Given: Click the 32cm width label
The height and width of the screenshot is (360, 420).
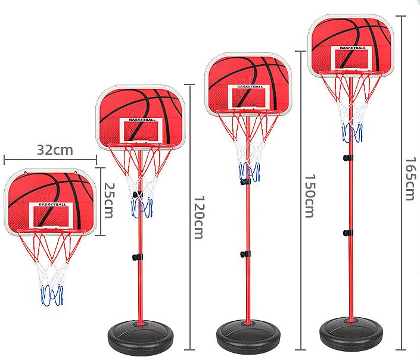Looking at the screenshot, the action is tap(55, 150).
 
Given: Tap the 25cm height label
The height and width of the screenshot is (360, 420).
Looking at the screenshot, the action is tap(109, 201).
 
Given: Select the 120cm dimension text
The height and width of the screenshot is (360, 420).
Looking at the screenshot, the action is tap(200, 217).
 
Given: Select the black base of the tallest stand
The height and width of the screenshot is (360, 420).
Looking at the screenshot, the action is tap(351, 332).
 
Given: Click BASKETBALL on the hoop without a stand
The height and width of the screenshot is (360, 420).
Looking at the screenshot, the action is tap(52, 204).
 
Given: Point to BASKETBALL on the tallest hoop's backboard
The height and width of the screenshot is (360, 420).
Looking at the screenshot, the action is tap(353, 48).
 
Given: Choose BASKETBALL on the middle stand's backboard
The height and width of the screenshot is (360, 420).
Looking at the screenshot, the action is tap(250, 86).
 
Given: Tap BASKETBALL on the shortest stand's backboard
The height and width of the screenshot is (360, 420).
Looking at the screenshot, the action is tap(142, 120).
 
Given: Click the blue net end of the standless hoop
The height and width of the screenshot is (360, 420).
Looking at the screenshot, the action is tap(52, 295).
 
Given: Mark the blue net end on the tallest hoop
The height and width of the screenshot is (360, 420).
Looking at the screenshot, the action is tap(352, 132).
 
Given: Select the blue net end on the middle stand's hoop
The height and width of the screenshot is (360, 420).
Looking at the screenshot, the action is tap(250, 172).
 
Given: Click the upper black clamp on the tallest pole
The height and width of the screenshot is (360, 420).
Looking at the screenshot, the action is tap(348, 158).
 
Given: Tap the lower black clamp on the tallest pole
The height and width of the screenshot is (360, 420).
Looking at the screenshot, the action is tap(348, 233).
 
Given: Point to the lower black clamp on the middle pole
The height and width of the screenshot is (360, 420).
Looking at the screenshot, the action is tap(245, 254).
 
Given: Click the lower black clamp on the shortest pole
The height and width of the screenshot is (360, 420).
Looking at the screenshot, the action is tap(138, 257).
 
